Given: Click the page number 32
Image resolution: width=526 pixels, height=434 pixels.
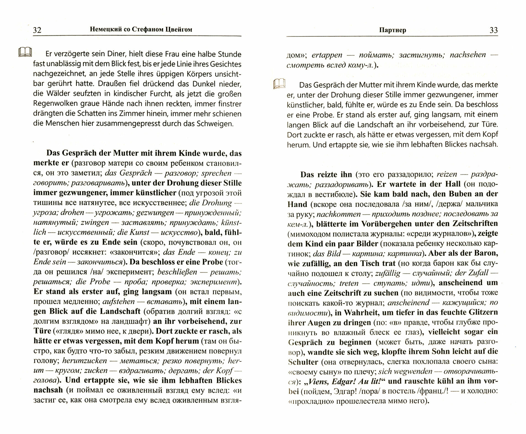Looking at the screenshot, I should pos(37,30).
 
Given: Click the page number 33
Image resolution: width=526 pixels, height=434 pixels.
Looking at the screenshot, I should pos(494,30).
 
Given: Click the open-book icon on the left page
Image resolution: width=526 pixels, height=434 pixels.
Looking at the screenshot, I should pos(25,52).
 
